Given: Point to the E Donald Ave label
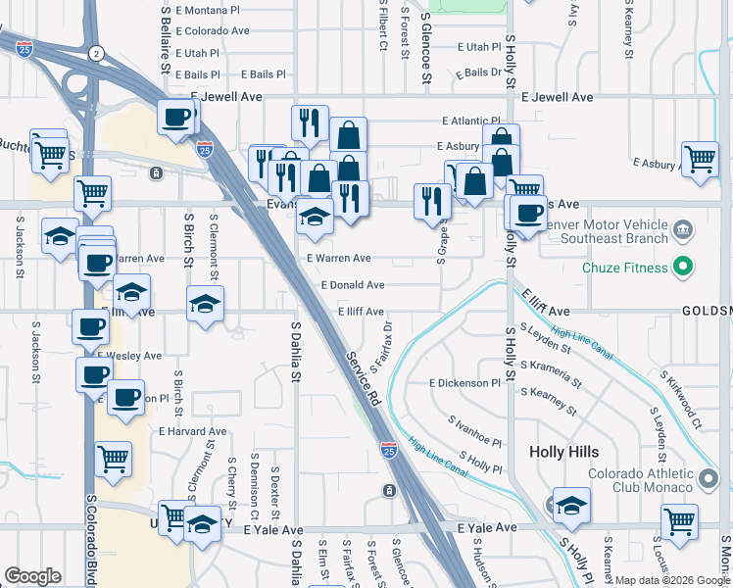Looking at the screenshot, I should click(x=352, y=285).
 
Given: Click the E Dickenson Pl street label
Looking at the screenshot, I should click(x=464, y=383).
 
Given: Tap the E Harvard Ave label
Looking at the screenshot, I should click(x=192, y=431).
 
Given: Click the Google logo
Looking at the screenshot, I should click(x=32, y=576).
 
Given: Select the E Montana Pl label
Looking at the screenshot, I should click(x=207, y=10).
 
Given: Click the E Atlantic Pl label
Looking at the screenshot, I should click(x=470, y=122).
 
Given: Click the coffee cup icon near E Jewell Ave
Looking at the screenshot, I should click(x=176, y=118).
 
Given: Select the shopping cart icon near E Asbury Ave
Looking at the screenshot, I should click(x=700, y=158).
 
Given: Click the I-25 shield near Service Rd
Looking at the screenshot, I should click(x=389, y=451).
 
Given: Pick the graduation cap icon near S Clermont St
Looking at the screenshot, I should click(x=205, y=305).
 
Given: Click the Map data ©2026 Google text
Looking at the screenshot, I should click(x=671, y=580).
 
